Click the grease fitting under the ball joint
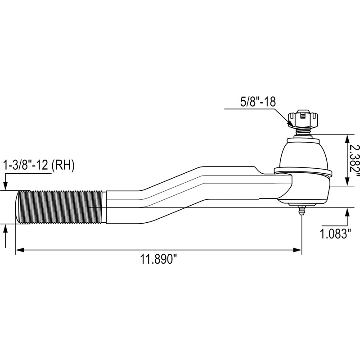(x=301, y=211)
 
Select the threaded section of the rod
(x=61, y=207)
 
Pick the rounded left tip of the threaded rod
(x=19, y=207)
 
